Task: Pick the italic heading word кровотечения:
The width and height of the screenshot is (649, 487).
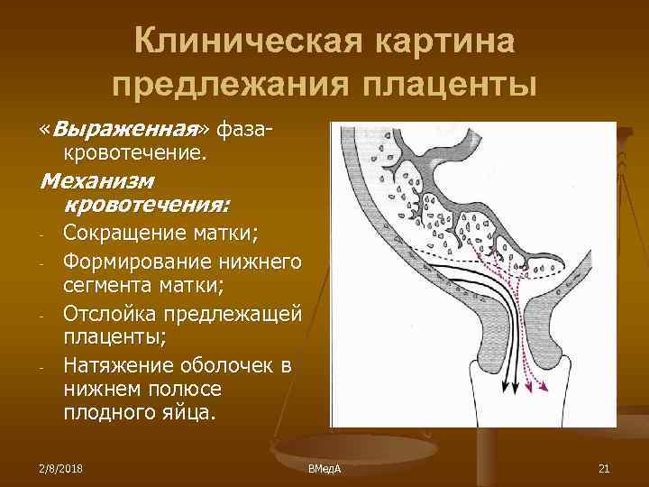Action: (146, 202)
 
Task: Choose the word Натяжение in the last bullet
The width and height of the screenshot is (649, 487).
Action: (117, 366)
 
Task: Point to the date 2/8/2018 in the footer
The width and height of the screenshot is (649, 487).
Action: (59, 468)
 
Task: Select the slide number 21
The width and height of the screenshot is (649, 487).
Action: (603, 468)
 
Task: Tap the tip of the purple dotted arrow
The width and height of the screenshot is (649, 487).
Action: (544, 390)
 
